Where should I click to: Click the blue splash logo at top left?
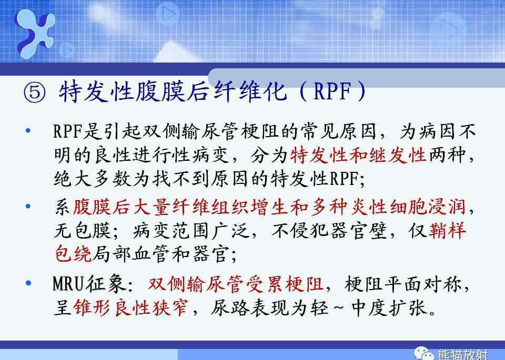35,34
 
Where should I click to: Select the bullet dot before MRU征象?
28,283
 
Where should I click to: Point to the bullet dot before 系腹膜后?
28,206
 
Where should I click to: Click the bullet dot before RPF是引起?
28,131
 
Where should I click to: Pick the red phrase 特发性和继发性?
358,156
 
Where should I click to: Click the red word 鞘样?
447,230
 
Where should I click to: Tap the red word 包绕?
74,254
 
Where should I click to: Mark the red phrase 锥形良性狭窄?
130,307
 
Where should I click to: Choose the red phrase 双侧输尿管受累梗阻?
236,284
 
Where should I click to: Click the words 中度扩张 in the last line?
390,307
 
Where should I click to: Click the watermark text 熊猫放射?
462,355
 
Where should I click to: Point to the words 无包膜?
83,230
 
